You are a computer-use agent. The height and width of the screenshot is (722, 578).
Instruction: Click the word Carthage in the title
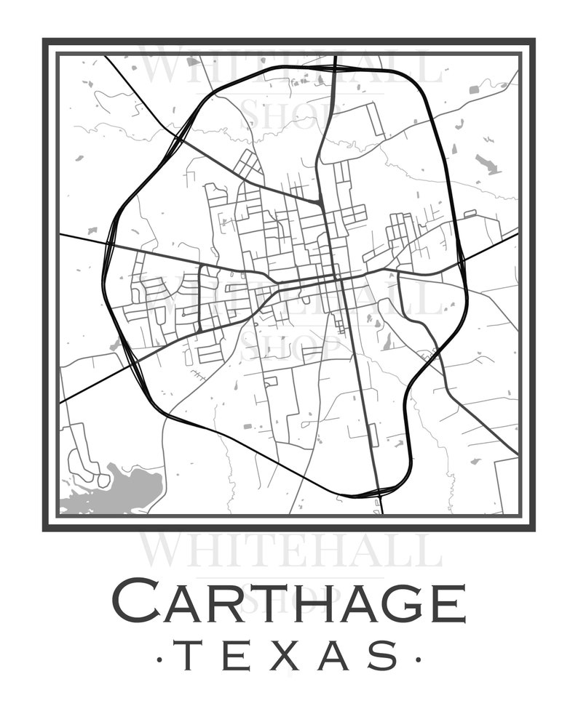[x=288, y=601]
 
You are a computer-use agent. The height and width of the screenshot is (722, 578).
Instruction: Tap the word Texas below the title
[x=288, y=656]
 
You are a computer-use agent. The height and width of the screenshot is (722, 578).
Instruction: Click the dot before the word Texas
[x=160, y=660]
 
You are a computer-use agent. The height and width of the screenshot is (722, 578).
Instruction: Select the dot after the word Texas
[x=418, y=660]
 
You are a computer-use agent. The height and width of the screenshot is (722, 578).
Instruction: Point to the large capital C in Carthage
[x=136, y=601]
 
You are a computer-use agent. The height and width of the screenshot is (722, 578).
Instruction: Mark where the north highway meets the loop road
[x=334, y=68]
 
